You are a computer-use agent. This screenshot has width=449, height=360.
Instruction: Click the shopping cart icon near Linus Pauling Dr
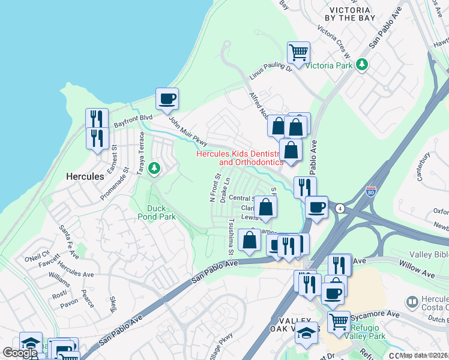298,52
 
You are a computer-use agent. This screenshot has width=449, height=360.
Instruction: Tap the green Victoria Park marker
361,64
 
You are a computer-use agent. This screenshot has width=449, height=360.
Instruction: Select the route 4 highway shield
340,208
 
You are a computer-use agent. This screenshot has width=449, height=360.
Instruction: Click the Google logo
20,353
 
